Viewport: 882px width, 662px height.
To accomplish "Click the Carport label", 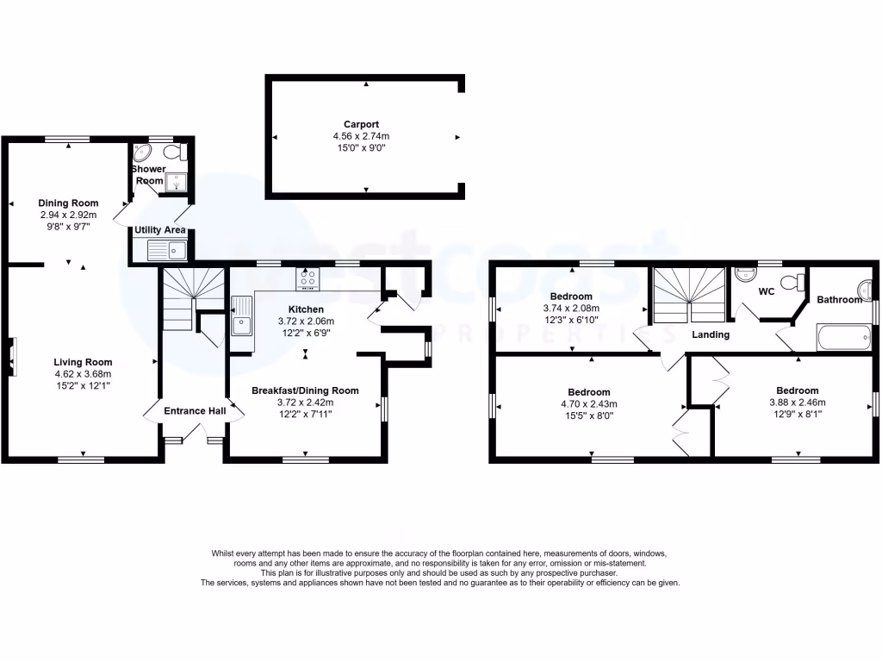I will click(366, 124).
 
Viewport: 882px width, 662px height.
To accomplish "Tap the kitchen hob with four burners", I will click(307, 279).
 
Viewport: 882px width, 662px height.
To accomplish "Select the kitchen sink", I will click(242, 318).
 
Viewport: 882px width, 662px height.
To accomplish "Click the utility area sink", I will click(166, 251).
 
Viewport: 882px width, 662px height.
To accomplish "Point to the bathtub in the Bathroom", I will click(843, 338).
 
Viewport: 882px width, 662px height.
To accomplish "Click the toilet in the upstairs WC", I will click(798, 281).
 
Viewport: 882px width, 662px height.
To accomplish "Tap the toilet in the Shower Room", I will click(176, 154).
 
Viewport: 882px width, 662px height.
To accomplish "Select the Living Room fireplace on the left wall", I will click(11, 357).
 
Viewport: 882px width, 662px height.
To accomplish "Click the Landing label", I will click(711, 334).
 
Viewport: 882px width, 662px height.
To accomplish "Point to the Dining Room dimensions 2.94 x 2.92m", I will click(68, 215).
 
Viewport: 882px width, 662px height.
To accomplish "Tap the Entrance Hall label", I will click(195, 411).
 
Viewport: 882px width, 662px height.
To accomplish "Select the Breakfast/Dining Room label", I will click(305, 390).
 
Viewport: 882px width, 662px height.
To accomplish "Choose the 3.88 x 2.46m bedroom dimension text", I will click(797, 402).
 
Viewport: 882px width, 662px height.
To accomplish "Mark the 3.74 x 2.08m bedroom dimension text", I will click(571, 308).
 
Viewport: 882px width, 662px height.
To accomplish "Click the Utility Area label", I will click(160, 230).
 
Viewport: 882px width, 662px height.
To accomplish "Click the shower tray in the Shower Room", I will click(177, 182).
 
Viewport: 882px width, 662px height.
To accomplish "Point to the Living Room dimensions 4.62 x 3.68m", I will click(83, 373).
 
